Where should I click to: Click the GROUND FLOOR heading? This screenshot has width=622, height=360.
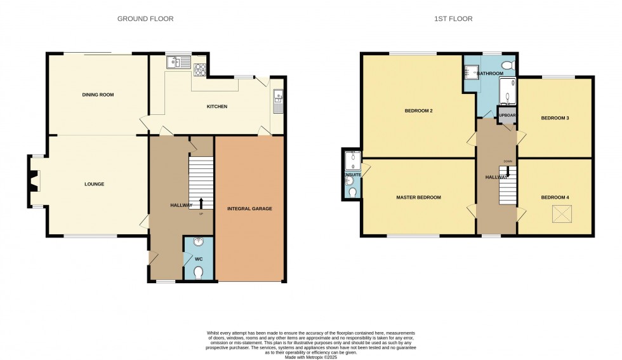point(145,19)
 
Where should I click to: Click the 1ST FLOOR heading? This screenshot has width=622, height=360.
point(453,19)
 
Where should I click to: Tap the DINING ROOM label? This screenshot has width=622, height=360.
point(98,95)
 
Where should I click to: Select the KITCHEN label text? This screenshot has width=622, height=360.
point(217,107)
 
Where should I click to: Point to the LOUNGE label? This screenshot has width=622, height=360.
point(94,184)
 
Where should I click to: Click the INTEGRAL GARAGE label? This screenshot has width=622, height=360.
point(249,208)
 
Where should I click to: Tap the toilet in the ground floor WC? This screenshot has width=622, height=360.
point(199,272)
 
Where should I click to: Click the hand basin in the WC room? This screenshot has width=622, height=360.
point(199,242)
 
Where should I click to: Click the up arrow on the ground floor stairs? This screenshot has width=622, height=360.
point(202,203)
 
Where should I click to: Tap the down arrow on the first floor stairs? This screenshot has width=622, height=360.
point(508,171)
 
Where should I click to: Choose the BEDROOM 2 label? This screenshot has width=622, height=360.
point(418,111)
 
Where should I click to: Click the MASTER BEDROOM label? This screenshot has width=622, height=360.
point(418,197)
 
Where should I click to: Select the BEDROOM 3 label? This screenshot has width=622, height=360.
point(555,118)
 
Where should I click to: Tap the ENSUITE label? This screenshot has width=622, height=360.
point(352,174)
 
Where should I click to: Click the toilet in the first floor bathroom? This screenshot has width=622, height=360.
point(507,66)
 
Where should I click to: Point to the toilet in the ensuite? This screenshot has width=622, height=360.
point(352,192)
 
